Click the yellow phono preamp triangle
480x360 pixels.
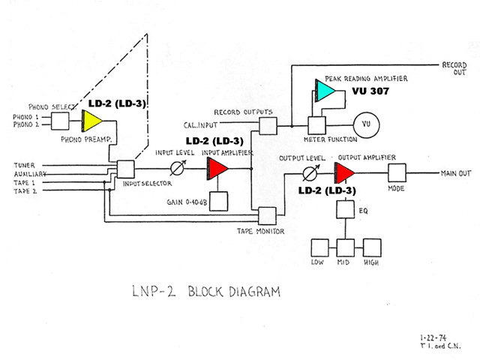[x=91, y=121]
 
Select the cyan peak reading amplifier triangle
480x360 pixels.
[x=325, y=91]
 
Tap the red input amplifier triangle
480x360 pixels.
[x=217, y=169]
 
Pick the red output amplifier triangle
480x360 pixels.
[x=344, y=173]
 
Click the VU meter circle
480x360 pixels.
[x=366, y=125]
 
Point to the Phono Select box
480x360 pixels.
[x=60, y=121]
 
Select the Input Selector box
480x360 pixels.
[x=125, y=169]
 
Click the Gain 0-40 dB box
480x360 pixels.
[x=218, y=201]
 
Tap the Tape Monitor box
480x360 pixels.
[x=267, y=216]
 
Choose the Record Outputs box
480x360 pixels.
[x=268, y=126]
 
